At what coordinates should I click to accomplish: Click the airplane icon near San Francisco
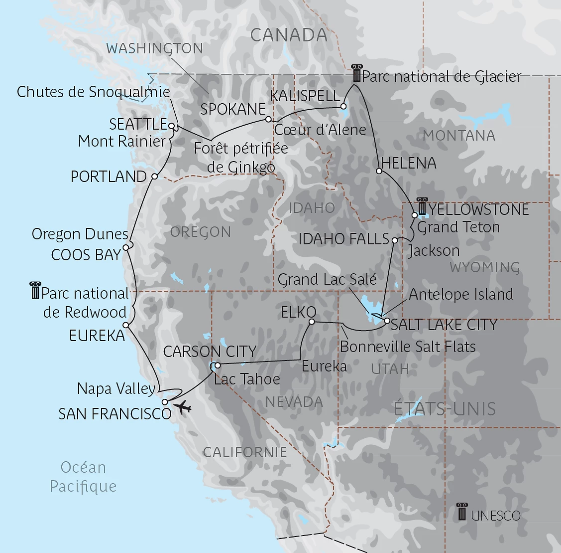[183, 407]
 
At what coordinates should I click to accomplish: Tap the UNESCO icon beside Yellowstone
[423, 207]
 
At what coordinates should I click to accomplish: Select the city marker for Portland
[154, 177]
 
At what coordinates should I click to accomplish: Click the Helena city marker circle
[379, 171]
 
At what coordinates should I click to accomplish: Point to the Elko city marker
[312, 322]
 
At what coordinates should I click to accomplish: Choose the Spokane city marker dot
[268, 119]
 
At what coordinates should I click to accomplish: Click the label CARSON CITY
[210, 352]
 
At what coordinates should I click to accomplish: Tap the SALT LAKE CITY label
[444, 325]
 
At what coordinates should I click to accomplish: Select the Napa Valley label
[116, 388]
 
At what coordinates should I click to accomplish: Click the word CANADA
[289, 35]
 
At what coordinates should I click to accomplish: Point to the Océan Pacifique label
[83, 477]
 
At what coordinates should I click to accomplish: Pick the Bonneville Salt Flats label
[408, 347]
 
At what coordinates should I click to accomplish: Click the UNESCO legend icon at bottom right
[462, 512]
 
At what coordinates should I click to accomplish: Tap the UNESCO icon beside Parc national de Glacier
[356, 73]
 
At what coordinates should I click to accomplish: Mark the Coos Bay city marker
[126, 247]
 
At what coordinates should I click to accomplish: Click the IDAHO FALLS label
[343, 239]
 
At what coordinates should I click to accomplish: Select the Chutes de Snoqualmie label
[94, 92]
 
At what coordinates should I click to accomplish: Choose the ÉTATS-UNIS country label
[445, 409]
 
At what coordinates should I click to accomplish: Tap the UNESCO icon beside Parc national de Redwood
[35, 291]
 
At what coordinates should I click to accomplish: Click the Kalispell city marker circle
[343, 106]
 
